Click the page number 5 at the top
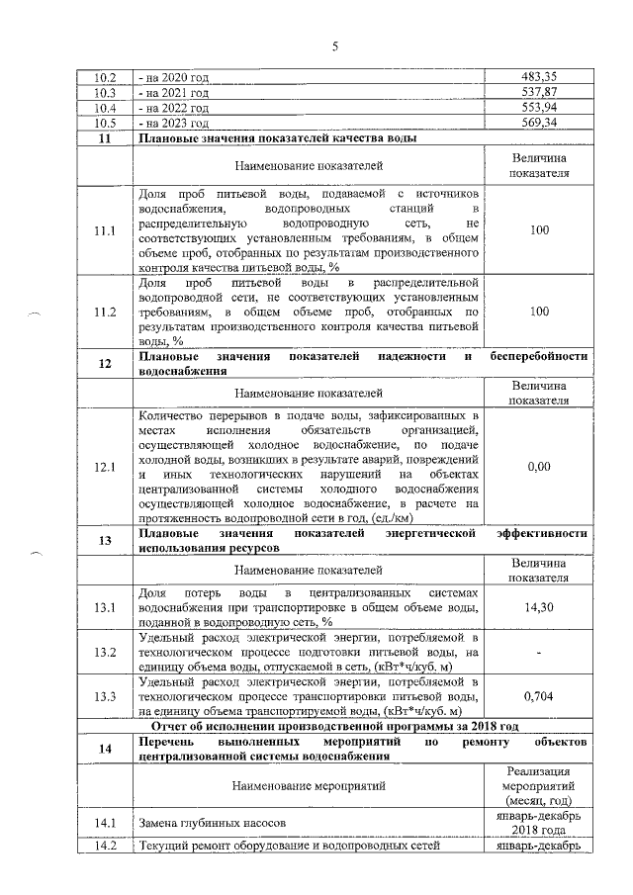coord(334,43)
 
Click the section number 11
coord(105,138)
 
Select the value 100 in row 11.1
coord(539,230)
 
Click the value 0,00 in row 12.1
coord(539,466)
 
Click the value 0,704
coord(539,697)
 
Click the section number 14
coord(105,750)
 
